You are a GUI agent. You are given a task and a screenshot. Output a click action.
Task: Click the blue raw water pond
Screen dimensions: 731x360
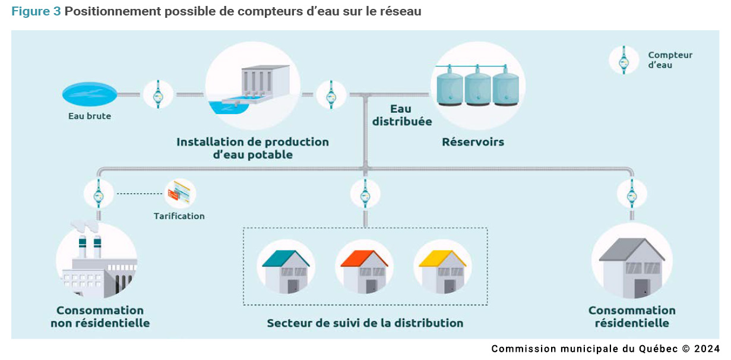click(90, 94)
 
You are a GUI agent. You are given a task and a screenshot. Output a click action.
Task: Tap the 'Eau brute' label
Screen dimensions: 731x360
click(90, 116)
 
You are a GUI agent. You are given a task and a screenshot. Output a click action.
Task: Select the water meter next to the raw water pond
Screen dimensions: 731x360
click(159, 94)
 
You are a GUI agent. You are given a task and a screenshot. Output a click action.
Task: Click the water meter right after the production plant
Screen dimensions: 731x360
click(331, 94)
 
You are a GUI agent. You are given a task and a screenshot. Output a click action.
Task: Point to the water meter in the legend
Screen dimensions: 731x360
click(624, 60)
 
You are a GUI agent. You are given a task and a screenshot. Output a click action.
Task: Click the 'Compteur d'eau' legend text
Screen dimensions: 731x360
click(670, 60)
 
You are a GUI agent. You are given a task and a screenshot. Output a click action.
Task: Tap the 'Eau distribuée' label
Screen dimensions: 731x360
click(402, 115)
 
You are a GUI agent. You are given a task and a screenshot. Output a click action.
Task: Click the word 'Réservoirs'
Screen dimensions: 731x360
click(473, 142)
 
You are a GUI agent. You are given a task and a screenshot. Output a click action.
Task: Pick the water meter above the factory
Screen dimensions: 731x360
click(99, 194)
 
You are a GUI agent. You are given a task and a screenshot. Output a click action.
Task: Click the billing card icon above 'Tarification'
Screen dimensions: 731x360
click(179, 193)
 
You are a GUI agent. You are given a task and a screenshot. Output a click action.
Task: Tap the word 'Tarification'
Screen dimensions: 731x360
click(179, 216)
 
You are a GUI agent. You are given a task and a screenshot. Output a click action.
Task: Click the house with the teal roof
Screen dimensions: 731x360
click(286, 271)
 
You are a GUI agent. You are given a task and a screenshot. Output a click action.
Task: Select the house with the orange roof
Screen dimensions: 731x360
click(364, 271)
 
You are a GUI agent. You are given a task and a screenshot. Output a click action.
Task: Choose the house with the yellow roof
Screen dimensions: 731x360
click(442, 271)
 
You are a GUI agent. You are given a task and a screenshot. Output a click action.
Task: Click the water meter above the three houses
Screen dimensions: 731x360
click(365, 194)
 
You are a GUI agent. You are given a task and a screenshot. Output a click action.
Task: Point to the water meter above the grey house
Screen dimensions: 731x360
click(632, 194)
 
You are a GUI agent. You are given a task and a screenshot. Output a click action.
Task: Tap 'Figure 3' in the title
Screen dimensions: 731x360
click(36, 11)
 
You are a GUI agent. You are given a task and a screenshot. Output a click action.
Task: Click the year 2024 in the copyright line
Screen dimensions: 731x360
click(707, 349)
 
